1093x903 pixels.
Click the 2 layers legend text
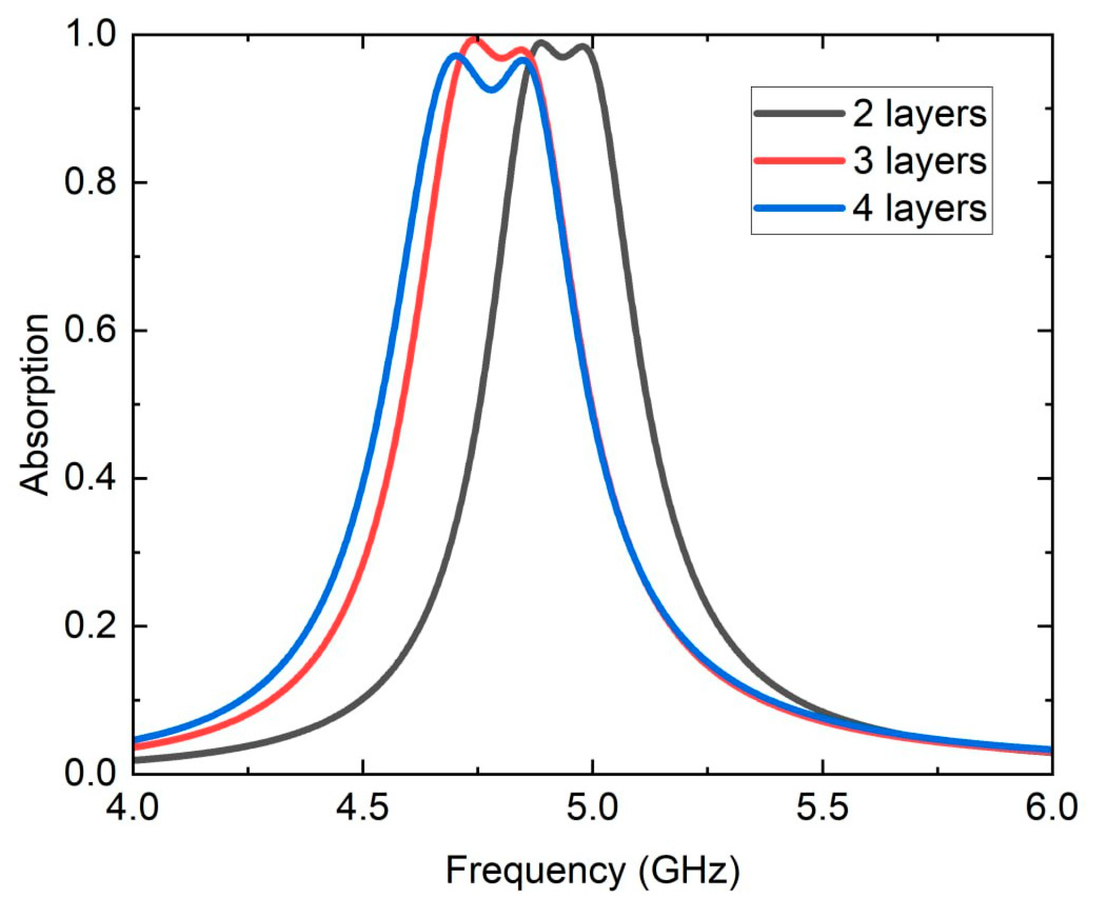pyautogui.click(x=919, y=114)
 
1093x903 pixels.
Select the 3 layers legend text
pyautogui.click(x=919, y=162)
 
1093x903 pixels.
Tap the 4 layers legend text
pyautogui.click(x=919, y=209)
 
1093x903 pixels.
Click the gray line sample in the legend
pyautogui.click(x=799, y=113)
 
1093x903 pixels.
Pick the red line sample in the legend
pyautogui.click(x=799, y=161)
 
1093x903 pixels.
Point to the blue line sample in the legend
pyautogui.click(x=799, y=208)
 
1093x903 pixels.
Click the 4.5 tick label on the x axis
pyautogui.click(x=362, y=808)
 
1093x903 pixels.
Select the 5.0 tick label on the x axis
pyautogui.click(x=593, y=808)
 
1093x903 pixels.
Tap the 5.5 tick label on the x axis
pyautogui.click(x=822, y=808)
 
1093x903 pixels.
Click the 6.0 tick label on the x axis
pyautogui.click(x=1051, y=808)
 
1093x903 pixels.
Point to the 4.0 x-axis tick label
pyautogui.click(x=133, y=808)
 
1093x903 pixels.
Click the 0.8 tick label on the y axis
pyautogui.click(x=90, y=182)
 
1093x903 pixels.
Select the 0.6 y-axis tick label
pyautogui.click(x=90, y=330)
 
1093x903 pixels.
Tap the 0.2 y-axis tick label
pyautogui.click(x=90, y=626)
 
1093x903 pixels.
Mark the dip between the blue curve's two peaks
pyautogui.click(x=492, y=89)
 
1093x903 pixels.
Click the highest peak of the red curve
pyautogui.click(x=474, y=39)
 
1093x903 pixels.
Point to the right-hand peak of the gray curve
pyautogui.click(x=583, y=47)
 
